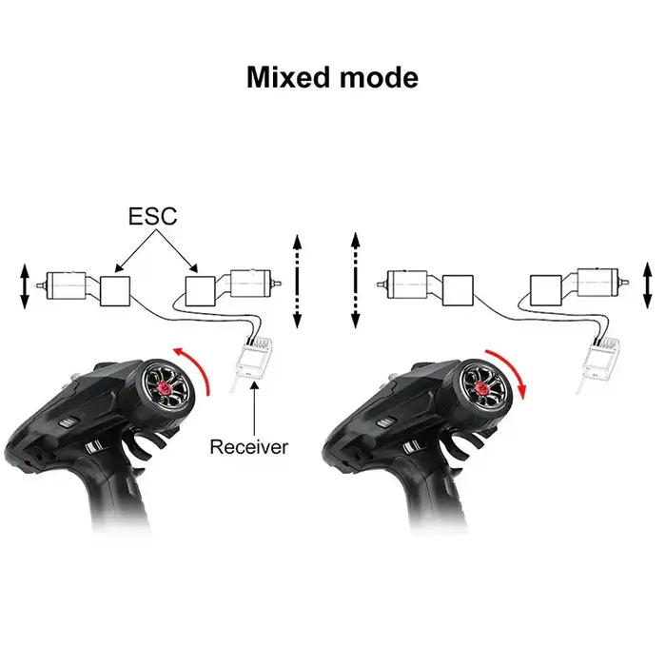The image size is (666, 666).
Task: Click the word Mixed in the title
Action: [x=288, y=77]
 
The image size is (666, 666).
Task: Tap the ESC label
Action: [x=152, y=216]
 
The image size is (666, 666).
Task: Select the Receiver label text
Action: [x=249, y=447]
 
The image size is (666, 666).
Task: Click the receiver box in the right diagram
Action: [x=600, y=359]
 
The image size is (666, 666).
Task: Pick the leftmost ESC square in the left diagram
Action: [x=115, y=291]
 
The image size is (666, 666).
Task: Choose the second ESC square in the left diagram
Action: [x=201, y=291]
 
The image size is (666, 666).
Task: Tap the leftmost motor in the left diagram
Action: [x=65, y=285]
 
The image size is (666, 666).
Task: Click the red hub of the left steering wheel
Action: [x=164, y=387]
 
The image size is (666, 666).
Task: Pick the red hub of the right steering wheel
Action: [x=481, y=387]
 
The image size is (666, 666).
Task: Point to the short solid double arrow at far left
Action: [x=24, y=286]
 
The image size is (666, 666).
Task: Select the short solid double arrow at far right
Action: [x=647, y=285]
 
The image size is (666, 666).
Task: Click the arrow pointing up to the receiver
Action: [x=254, y=407]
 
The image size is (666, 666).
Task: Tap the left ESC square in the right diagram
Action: [x=458, y=290]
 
